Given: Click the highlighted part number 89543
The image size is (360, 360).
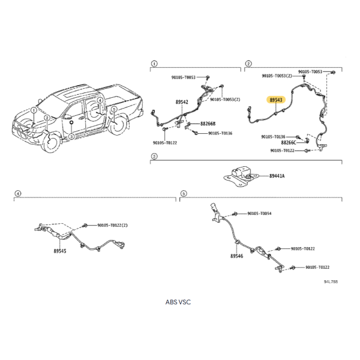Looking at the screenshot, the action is [x=276, y=100].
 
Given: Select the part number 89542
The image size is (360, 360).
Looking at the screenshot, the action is [x=182, y=102].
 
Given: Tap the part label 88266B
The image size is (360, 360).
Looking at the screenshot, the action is [x=208, y=124].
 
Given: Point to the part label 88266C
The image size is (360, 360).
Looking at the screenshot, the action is [x=289, y=143].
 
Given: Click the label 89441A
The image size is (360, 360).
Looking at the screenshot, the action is [x=277, y=176].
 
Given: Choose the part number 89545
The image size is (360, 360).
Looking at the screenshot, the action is [x=60, y=251].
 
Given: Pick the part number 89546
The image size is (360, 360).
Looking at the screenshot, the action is [x=237, y=256].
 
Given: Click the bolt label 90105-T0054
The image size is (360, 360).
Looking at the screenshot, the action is [x=259, y=214].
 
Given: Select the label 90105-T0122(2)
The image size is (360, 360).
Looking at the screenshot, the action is [x=113, y=225].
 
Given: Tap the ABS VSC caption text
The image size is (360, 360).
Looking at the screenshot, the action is [x=178, y=302].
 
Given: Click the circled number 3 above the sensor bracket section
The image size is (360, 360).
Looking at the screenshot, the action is [x=154, y=157].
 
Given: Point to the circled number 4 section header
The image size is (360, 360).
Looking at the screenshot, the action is [x=17, y=193].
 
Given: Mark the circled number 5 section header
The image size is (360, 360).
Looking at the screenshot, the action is [x=184, y=193].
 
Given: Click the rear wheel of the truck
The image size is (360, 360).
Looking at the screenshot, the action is [x=118, y=124].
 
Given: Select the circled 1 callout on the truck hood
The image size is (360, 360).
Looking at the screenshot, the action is [x=34, y=110].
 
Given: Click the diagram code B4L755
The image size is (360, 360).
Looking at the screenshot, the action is [x=331, y=281].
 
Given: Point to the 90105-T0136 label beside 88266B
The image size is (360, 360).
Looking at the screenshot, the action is [x=220, y=133].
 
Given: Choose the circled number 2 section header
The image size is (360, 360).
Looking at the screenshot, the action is [x=248, y=64].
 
